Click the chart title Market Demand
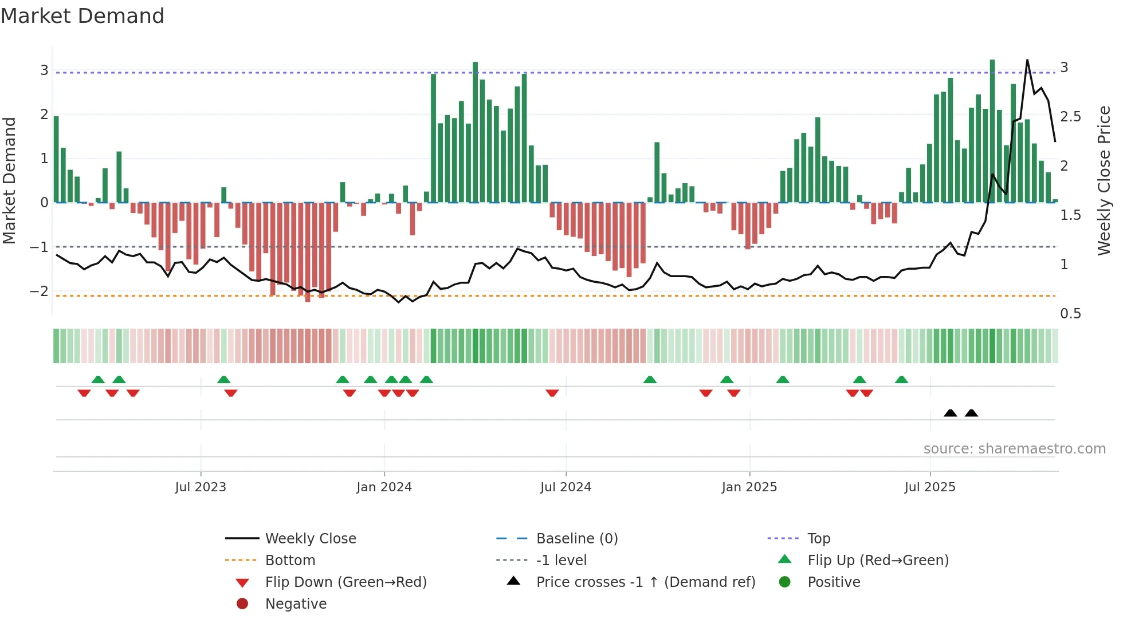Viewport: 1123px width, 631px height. [x=83, y=16]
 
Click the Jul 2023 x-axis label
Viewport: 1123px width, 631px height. [x=201, y=487]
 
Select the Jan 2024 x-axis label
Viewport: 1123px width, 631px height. [x=384, y=487]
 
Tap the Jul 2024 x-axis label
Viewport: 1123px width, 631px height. [x=566, y=487]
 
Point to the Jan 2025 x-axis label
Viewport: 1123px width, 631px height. [x=749, y=487]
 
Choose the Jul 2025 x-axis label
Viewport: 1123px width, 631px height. [x=930, y=487]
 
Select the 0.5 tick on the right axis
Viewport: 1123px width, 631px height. [x=1070, y=314]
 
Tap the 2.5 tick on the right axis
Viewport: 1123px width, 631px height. [x=1070, y=117]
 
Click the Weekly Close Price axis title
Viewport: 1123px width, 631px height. [x=1104, y=180]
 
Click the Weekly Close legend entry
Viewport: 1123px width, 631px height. [x=310, y=539]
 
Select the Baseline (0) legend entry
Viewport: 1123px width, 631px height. [x=576, y=539]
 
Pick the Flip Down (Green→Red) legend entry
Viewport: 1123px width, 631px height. [x=345, y=582]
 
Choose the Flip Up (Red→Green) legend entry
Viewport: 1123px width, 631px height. [x=878, y=561]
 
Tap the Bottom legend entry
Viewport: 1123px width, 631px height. [x=290, y=561]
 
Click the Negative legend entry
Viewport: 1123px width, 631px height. [x=296, y=604]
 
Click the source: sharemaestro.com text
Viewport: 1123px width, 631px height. [x=1014, y=449]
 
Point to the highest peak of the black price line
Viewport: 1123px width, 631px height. [x=1027, y=60]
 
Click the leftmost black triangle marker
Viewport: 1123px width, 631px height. [x=950, y=413]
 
